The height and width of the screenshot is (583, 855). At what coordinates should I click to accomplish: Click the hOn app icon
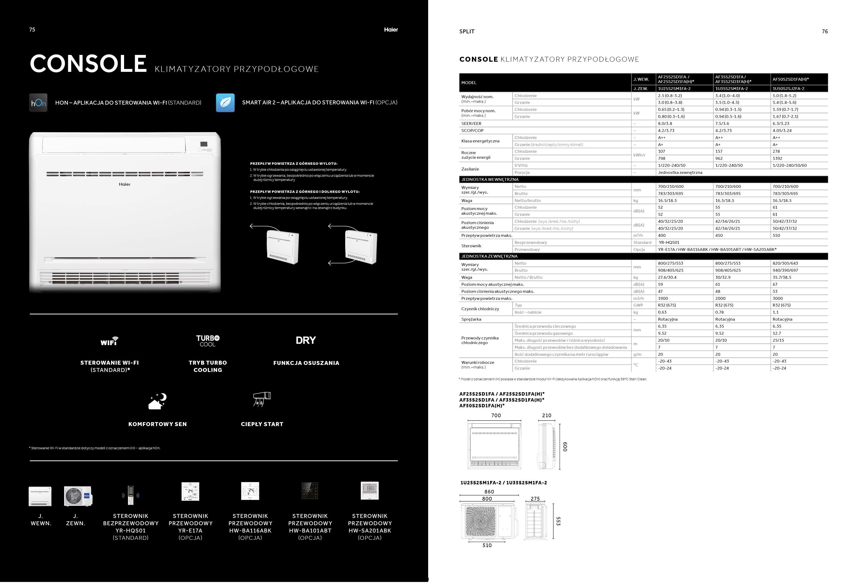pyautogui.click(x=38, y=103)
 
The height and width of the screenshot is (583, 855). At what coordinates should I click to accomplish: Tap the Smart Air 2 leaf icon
pyautogui.click(x=225, y=103)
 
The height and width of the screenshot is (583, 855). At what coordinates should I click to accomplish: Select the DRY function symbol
pyautogui.click(x=306, y=340)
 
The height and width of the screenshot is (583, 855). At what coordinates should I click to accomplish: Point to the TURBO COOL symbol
pyautogui.click(x=208, y=341)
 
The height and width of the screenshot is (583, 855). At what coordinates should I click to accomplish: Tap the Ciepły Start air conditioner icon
pyautogui.click(x=262, y=399)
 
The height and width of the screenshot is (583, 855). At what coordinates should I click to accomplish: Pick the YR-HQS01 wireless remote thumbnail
pyautogui.click(x=131, y=495)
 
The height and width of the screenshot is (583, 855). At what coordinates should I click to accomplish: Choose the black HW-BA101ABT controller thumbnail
pyautogui.click(x=310, y=491)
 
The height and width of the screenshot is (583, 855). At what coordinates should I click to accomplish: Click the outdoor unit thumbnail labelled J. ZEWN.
pyautogui.click(x=78, y=496)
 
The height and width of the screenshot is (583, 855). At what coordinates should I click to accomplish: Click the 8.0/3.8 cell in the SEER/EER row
pyautogui.click(x=665, y=124)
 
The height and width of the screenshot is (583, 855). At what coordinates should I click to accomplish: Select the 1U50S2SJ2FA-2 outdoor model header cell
pyautogui.click(x=788, y=89)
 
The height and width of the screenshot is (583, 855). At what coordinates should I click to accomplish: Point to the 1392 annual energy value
pyautogui.click(x=777, y=158)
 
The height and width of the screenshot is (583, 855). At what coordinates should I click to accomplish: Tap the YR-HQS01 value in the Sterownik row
pyautogui.click(x=669, y=243)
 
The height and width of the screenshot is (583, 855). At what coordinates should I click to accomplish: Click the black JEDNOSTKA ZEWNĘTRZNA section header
pyautogui.click(x=489, y=256)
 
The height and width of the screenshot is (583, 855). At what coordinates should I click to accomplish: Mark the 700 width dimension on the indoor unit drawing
pyautogui.click(x=496, y=416)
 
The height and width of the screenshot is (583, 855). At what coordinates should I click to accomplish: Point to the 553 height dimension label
pyautogui.click(x=558, y=521)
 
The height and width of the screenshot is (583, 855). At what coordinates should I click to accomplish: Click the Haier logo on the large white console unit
pyautogui.click(x=125, y=184)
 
